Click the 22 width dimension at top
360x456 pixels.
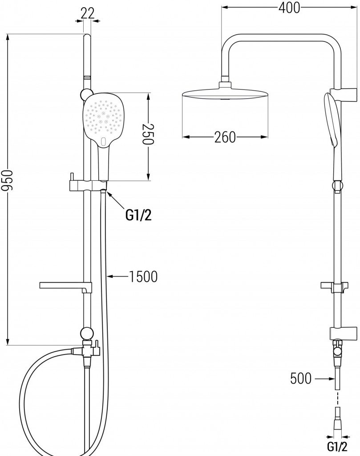(88, 13)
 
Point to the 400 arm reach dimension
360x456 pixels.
(289, 8)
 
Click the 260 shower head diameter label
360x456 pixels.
(225, 138)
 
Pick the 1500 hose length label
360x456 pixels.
(143, 277)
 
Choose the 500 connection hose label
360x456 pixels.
(301, 379)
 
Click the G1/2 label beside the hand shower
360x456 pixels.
(138, 216)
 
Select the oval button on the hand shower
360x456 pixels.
(104, 142)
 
